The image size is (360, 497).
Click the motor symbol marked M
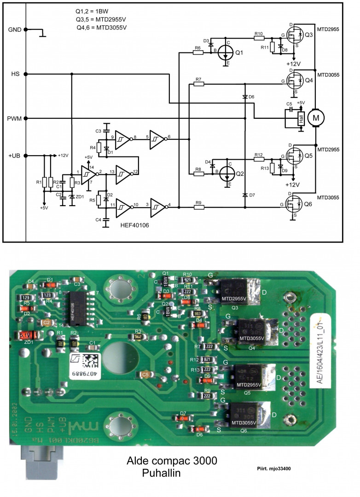[x=316, y=117]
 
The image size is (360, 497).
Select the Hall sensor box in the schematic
[x=301, y=118]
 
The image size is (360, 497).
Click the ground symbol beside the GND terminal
[x=43, y=32]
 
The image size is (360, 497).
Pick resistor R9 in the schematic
[x=198, y=207]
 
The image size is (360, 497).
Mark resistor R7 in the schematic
[x=198, y=84]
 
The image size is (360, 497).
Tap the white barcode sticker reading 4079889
[x=85, y=364]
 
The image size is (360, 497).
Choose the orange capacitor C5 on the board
[x=146, y=375]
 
